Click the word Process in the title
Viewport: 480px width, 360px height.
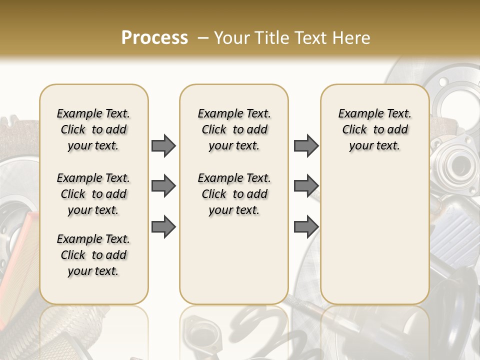[154, 38]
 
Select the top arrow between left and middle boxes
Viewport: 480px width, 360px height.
[163, 146]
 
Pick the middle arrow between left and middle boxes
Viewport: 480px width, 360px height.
[163, 186]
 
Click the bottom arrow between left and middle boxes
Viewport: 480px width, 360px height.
[163, 227]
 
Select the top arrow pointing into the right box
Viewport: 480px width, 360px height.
[306, 146]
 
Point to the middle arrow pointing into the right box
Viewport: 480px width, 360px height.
[306, 186]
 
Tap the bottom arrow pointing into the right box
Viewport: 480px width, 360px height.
[306, 227]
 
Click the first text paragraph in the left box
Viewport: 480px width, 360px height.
[93, 129]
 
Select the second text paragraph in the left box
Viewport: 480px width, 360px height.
[93, 194]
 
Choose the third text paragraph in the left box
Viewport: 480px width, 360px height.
[93, 255]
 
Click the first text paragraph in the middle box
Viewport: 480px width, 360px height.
[234, 129]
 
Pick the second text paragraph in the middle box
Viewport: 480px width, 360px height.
[234, 194]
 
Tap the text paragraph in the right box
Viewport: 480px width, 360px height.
[374, 129]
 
